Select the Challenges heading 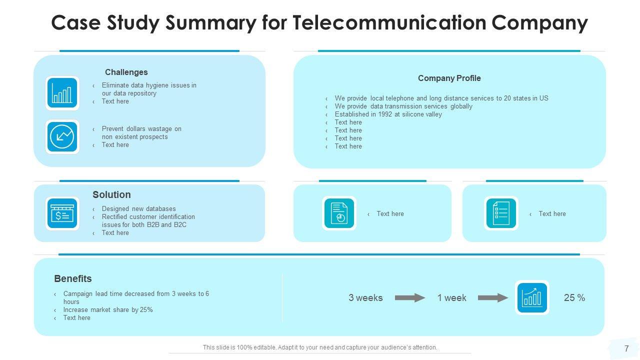(x=126, y=72)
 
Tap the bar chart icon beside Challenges (x=62, y=93)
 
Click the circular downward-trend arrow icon (x=62, y=136)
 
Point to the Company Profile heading (x=449, y=78)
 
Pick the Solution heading (x=111, y=195)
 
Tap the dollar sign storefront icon (x=62, y=213)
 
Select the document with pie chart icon (x=339, y=213)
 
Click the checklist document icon (x=501, y=213)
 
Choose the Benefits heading (x=72, y=279)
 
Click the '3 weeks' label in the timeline (x=365, y=298)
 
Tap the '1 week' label (x=451, y=298)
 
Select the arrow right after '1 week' (x=493, y=298)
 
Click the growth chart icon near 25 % (x=532, y=297)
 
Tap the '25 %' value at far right (x=574, y=298)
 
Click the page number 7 (x=626, y=348)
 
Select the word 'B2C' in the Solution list (x=180, y=225)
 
